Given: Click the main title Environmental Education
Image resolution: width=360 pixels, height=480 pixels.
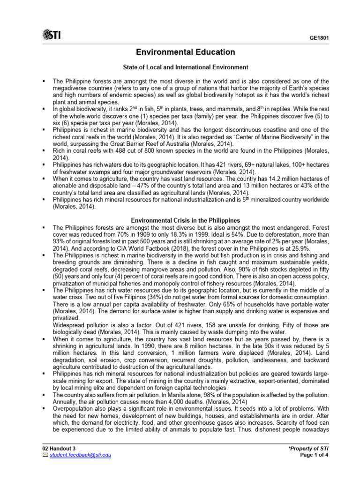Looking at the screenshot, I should (185, 52).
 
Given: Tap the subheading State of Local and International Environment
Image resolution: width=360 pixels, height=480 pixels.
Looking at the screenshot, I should (186, 67).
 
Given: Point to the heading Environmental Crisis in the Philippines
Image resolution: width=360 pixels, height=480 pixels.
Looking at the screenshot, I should (185, 220).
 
